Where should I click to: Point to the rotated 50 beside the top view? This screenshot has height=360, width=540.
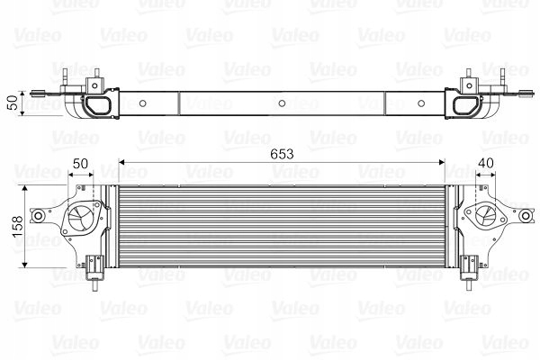[x=13, y=102]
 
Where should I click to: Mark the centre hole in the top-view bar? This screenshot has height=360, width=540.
[x=282, y=103]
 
